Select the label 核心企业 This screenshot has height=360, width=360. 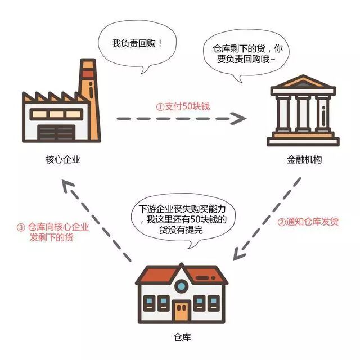click(62, 160)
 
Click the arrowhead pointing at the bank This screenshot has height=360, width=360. click(240, 119)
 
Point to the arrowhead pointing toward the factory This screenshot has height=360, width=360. click(66, 187)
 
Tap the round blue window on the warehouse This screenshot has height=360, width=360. click(182, 286)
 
